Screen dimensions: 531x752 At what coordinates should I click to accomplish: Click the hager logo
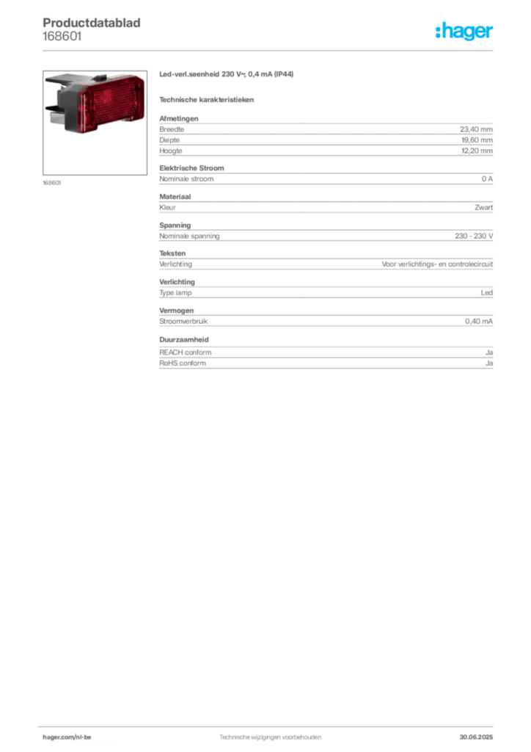point(464,31)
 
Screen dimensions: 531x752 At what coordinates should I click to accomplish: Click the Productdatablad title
point(92,23)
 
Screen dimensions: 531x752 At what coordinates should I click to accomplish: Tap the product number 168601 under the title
point(62,37)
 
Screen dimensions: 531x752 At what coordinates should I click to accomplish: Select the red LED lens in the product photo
point(111,104)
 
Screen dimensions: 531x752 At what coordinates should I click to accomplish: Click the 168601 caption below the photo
point(52,183)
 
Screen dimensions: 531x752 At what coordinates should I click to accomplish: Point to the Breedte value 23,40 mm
point(476,129)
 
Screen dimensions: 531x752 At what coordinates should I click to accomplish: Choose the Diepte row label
point(169,140)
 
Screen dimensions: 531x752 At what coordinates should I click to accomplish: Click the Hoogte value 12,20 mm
point(477,151)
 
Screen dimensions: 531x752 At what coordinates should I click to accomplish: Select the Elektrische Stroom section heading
point(191,168)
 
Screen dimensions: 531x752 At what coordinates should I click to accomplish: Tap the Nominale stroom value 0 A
point(487,179)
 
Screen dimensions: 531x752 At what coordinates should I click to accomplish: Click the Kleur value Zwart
point(483,208)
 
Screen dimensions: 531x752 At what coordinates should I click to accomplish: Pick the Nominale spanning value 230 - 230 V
point(474,236)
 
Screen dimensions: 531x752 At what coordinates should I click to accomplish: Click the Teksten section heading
point(172,253)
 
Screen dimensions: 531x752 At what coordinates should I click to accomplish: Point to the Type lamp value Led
point(486,292)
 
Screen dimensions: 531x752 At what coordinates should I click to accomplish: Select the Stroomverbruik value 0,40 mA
point(479,322)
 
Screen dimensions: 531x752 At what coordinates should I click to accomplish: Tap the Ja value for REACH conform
point(489,352)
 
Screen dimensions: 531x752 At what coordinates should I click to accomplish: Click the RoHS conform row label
point(183,364)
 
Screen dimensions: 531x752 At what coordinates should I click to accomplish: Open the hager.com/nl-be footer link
point(67,737)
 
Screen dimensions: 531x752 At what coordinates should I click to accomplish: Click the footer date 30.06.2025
point(476,737)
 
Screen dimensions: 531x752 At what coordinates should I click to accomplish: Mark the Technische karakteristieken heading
point(206,100)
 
